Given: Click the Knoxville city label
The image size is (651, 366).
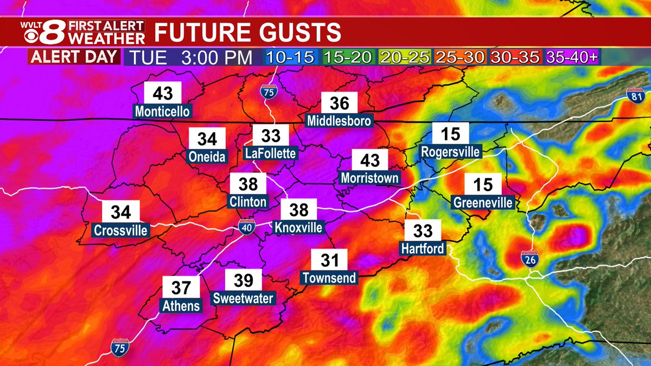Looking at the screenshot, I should pyautogui.click(x=298, y=227).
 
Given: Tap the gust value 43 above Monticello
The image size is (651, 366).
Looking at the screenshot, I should pyautogui.click(x=163, y=94).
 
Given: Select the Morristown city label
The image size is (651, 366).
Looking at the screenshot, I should pyautogui.click(x=370, y=178).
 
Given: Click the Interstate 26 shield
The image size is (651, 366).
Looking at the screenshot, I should pyautogui.click(x=531, y=260).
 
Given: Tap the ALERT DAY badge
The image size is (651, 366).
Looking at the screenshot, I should pyautogui.click(x=74, y=57).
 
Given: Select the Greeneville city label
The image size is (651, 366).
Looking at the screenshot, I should pyautogui.click(x=483, y=203).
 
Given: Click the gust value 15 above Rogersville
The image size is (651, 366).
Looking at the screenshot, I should pyautogui.click(x=450, y=133).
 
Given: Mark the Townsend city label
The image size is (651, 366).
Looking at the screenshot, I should pyautogui.click(x=330, y=278).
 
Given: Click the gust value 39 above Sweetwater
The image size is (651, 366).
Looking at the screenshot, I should pyautogui.click(x=244, y=280).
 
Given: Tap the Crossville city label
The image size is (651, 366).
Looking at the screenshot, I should pyautogui.click(x=120, y=230).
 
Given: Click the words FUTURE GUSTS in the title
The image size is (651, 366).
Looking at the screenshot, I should pyautogui.click(x=248, y=33).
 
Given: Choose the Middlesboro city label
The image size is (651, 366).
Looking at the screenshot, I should pyautogui.click(x=339, y=120).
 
